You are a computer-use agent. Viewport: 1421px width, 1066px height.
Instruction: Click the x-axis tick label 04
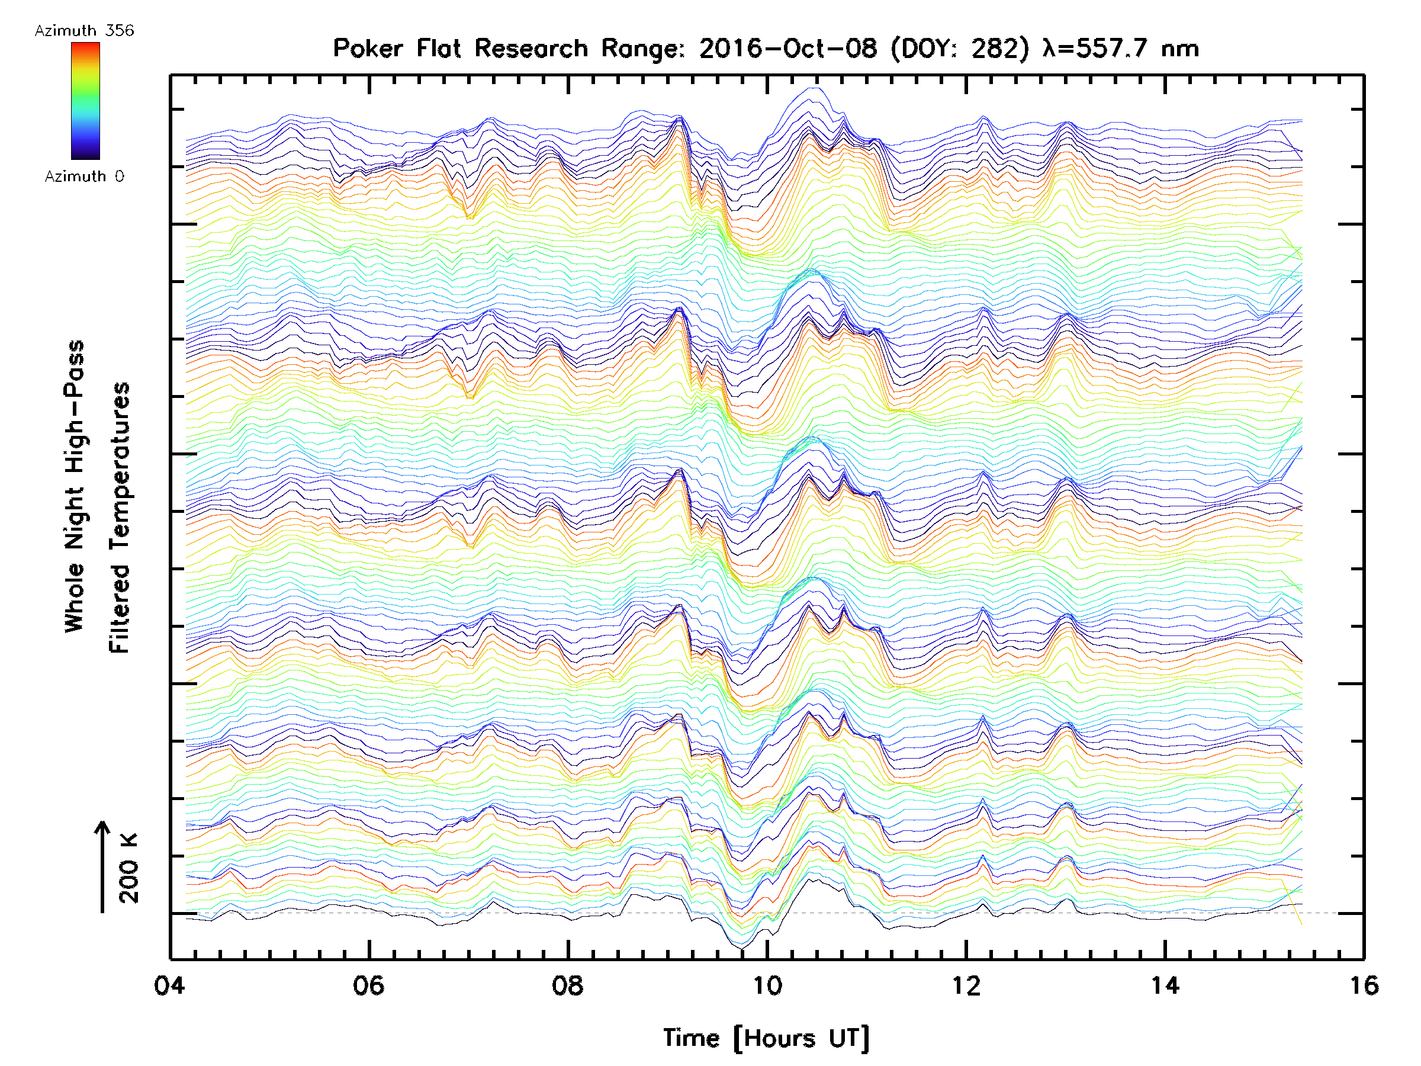click(169, 985)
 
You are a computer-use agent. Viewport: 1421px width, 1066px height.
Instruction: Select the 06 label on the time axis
click(369, 985)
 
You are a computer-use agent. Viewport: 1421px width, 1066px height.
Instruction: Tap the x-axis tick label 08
click(568, 985)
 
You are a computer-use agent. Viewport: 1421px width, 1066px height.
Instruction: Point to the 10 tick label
click(767, 985)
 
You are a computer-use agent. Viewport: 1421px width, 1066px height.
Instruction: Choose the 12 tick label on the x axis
click(966, 985)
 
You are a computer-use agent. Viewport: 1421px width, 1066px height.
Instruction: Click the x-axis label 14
click(1165, 985)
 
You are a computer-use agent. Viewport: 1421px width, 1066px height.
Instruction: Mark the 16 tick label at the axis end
click(1363, 985)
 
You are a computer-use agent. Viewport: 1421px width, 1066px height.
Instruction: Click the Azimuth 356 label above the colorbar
click(84, 31)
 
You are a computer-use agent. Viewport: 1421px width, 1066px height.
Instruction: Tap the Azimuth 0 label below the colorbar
click(84, 176)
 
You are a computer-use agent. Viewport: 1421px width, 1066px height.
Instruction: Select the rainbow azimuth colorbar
click(85, 100)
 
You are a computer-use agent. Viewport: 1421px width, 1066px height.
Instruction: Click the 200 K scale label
click(129, 868)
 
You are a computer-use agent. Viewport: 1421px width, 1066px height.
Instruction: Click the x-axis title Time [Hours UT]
click(766, 1038)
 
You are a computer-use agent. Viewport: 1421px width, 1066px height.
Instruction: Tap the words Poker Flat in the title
click(396, 49)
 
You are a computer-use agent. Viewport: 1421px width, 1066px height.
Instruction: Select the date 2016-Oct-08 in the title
click(787, 49)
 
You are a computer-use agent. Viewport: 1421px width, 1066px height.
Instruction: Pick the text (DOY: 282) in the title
click(960, 49)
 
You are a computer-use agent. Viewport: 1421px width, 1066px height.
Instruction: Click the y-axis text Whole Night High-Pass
click(75, 486)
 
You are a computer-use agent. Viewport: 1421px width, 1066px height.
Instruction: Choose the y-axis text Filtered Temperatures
click(120, 517)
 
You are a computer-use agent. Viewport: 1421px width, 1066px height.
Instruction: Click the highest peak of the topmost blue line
click(815, 88)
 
